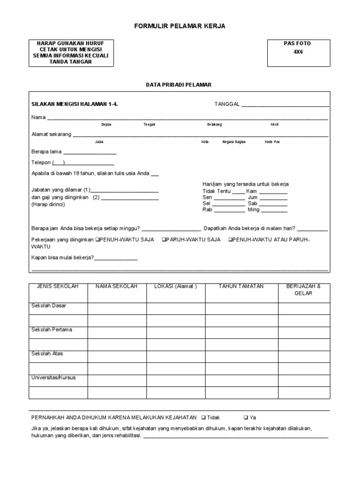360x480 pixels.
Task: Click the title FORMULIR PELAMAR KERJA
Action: coord(180,26)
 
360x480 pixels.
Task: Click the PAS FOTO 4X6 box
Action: coord(298,53)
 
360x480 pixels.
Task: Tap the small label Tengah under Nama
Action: coord(150,124)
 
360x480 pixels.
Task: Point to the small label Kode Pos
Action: coord(272,142)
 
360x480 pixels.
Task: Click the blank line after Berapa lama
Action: coord(90,152)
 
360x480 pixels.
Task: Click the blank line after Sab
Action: coord(273,204)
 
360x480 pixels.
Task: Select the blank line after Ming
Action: coord(274,210)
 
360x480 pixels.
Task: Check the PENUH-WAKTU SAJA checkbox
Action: coord(97,240)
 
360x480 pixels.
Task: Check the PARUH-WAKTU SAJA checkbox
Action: coord(164,240)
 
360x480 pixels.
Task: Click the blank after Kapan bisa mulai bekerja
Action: coord(116,258)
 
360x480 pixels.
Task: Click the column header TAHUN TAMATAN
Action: coord(241,286)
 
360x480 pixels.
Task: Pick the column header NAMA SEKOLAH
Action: coord(116,286)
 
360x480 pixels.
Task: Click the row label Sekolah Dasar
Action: coord(49,306)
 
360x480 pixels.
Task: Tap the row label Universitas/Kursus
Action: coord(53,377)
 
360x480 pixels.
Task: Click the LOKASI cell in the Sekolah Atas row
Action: coord(175,356)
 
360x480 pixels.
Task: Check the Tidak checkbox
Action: coord(202,418)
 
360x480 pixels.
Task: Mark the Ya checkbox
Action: coord(246,418)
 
